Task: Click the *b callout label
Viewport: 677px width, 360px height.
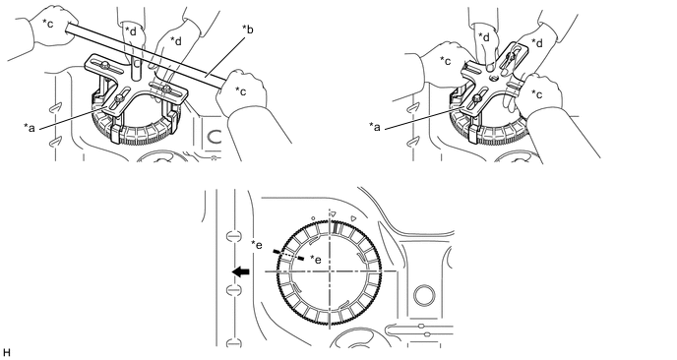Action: pyautogui.click(x=247, y=30)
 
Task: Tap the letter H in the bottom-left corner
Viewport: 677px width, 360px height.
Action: pyautogui.click(x=7, y=353)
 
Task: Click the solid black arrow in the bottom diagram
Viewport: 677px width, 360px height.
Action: pyautogui.click(x=240, y=271)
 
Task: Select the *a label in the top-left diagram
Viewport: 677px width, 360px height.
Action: pyautogui.click(x=30, y=128)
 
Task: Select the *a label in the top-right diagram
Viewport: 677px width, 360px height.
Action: pyautogui.click(x=375, y=127)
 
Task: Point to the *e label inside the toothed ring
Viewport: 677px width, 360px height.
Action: pyautogui.click(x=316, y=260)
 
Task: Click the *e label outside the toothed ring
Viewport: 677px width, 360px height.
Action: pyautogui.click(x=257, y=245)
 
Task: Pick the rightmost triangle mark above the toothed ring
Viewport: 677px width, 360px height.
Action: pyautogui.click(x=353, y=218)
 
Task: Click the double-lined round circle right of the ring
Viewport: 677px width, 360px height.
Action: pyautogui.click(x=423, y=296)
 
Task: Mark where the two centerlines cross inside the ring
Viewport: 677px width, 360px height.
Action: pyautogui.click(x=330, y=271)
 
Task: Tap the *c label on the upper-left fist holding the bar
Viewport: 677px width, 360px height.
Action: pyautogui.click(x=47, y=24)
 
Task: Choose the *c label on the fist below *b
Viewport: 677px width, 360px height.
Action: pyautogui.click(x=241, y=91)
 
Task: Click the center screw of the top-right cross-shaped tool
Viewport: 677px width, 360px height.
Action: pyautogui.click(x=494, y=79)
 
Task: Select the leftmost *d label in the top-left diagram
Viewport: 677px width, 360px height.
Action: pyautogui.click(x=131, y=30)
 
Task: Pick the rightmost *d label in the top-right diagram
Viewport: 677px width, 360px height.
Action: pyautogui.click(x=537, y=43)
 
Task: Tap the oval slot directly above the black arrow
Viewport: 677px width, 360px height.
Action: pyautogui.click(x=233, y=236)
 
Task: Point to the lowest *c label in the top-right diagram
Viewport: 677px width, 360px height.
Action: pyautogui.click(x=537, y=93)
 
